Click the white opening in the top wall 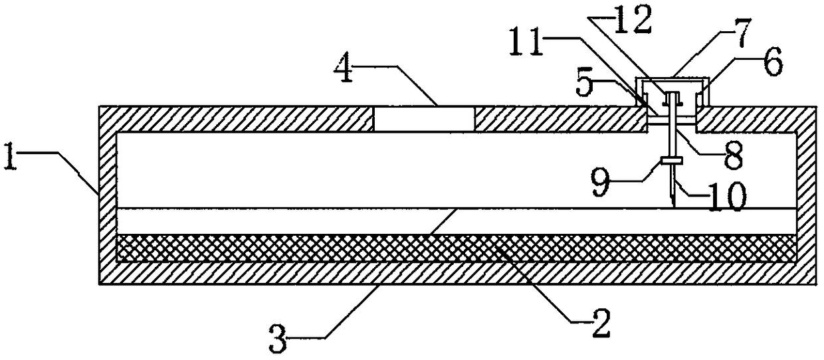click(424, 119)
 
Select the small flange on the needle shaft click(673, 159)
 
